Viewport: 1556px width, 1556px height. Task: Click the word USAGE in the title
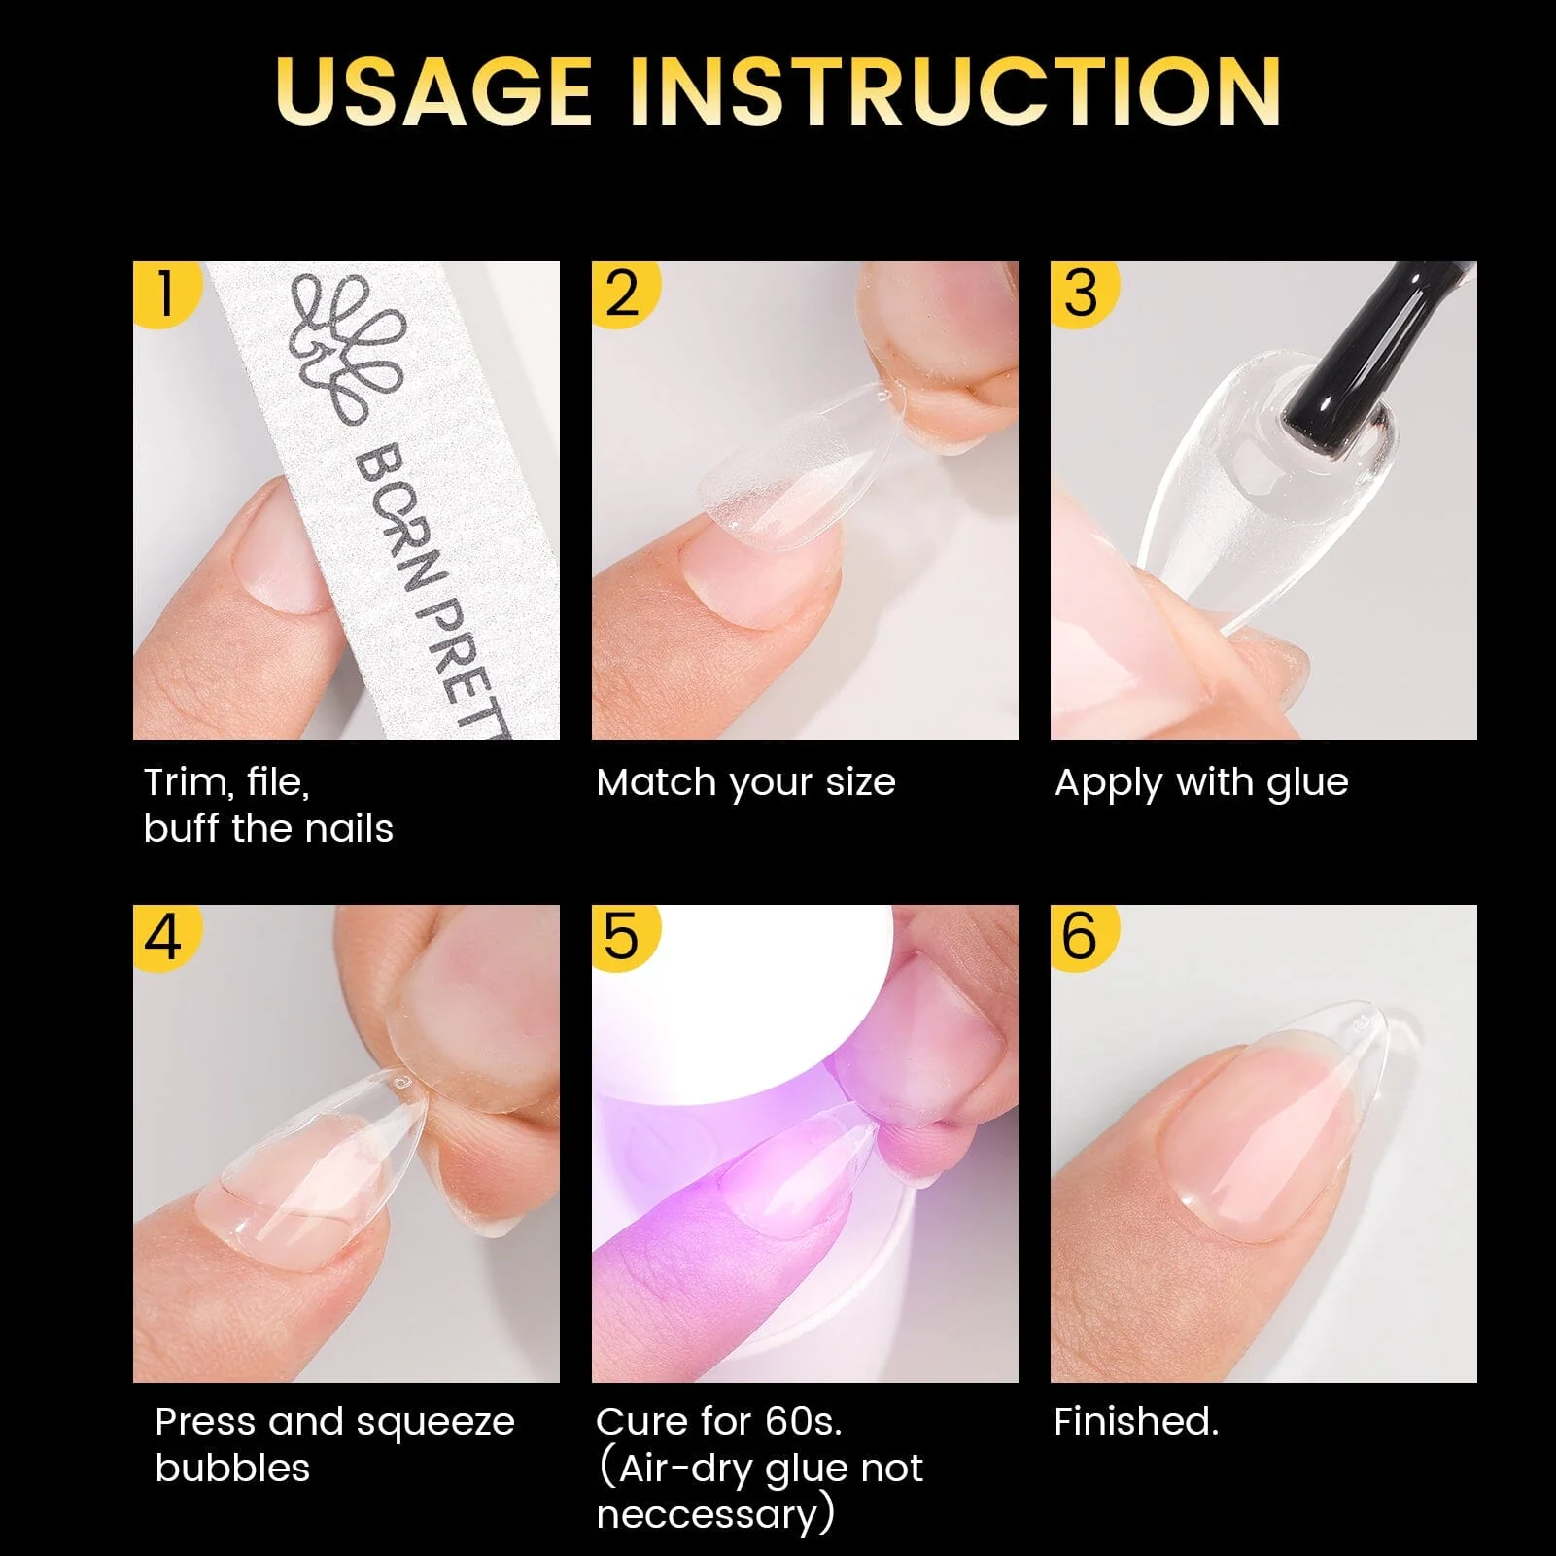point(433,91)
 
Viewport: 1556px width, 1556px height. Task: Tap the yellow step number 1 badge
point(162,292)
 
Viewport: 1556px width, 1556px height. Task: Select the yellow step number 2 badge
point(622,292)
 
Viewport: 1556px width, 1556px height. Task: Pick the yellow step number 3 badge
point(1081,292)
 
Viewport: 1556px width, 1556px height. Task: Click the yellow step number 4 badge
point(162,936)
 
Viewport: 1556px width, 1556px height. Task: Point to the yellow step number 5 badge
point(622,936)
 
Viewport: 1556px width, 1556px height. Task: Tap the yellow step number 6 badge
point(1081,936)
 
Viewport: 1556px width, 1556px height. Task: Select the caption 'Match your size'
point(745,782)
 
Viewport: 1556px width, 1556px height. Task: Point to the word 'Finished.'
point(1136,1422)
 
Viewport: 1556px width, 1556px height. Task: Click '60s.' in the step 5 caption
point(803,1422)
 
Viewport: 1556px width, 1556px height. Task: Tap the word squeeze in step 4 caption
point(434,1423)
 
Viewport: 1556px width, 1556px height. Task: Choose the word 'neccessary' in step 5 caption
point(708,1515)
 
